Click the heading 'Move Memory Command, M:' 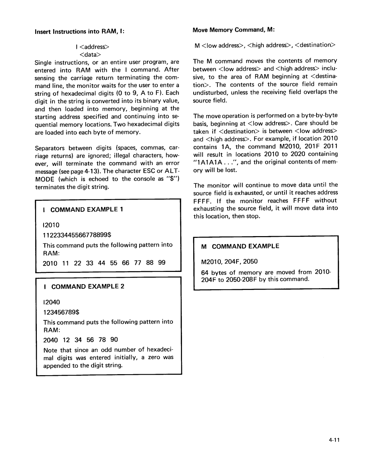[234, 30]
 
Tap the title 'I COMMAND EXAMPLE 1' [83, 210]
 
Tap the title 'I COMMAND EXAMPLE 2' [83, 287]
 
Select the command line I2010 [51, 225]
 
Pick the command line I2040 [51, 302]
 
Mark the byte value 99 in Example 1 [162, 263]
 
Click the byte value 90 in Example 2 [114, 340]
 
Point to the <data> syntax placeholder [91, 55]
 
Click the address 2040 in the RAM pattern [50, 340]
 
